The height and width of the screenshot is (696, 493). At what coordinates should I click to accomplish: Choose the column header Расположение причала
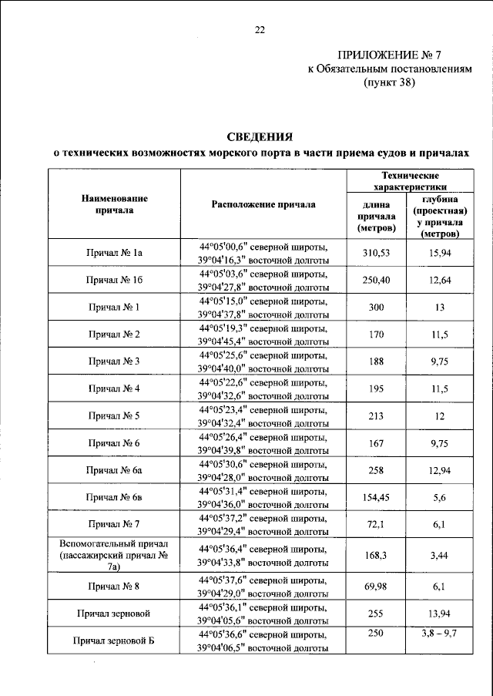coord(263,204)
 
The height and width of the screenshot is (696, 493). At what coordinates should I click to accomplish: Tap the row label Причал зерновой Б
coord(115,641)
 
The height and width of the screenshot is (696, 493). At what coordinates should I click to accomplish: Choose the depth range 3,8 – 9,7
coord(438,633)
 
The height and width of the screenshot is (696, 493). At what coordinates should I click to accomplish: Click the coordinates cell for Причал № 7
coord(263,524)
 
